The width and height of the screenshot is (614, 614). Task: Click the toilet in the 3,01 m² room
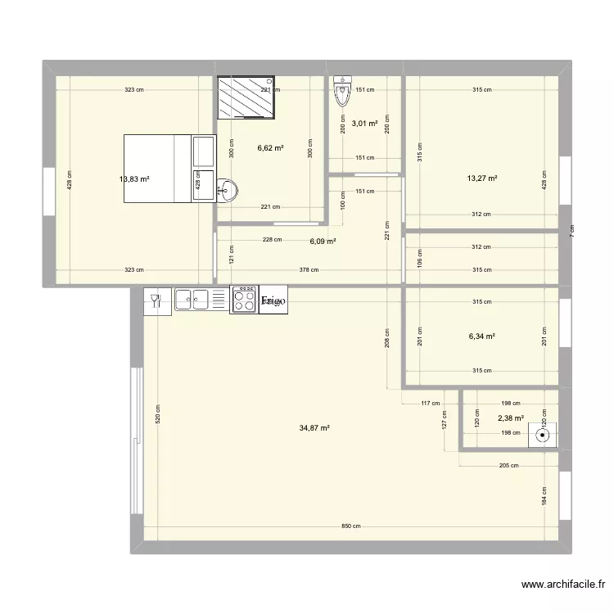click(x=342, y=92)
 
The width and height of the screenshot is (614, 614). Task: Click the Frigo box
click(x=273, y=301)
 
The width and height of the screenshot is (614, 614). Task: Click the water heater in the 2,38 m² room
click(x=541, y=435)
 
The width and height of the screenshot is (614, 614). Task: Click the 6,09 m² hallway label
click(x=323, y=242)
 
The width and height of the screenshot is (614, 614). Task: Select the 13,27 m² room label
click(x=482, y=178)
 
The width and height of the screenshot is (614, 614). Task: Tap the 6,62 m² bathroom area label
click(x=270, y=148)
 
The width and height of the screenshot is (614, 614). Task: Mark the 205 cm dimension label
click(x=508, y=466)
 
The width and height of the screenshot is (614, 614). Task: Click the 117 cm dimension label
click(x=430, y=403)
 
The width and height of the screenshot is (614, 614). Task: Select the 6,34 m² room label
click(x=482, y=336)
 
